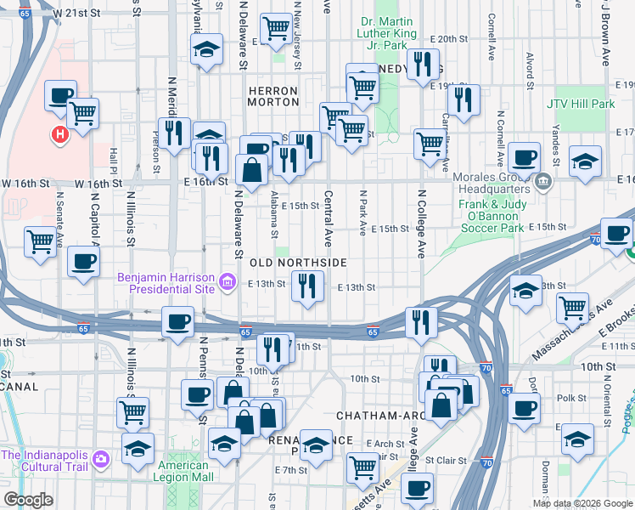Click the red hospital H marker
click(x=59, y=134)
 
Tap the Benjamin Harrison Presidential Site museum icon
click(x=227, y=281)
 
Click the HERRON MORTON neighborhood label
click(x=273, y=96)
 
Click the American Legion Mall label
click(x=184, y=471)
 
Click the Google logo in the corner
click(x=28, y=500)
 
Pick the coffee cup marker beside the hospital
click(x=60, y=95)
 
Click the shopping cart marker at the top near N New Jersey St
click(x=277, y=29)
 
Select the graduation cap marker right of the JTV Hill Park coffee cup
click(x=585, y=161)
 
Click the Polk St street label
click(x=571, y=398)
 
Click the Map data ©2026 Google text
click(x=582, y=503)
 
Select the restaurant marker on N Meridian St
click(x=174, y=133)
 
